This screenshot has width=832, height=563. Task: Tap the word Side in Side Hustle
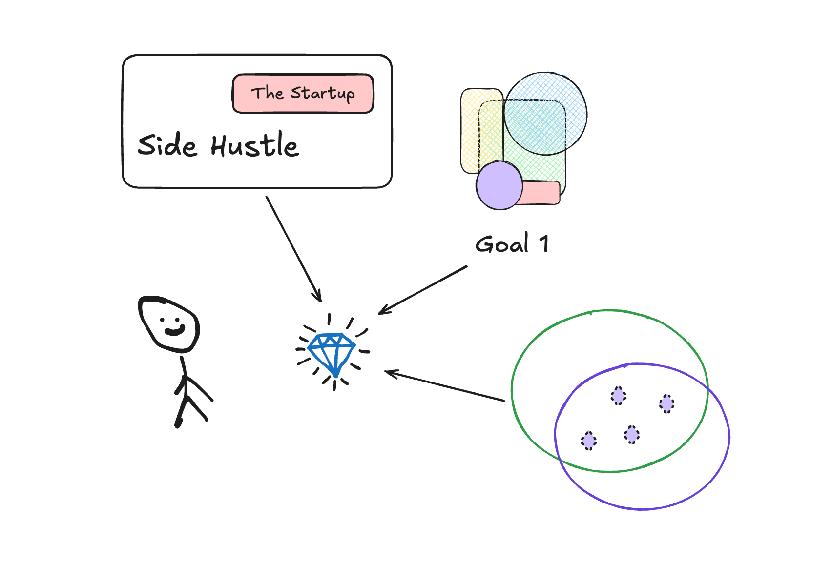[x=167, y=145]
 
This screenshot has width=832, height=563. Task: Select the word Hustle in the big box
[x=254, y=145]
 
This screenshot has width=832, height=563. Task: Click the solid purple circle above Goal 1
[x=499, y=186]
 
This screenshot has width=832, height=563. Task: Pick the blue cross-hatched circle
[x=545, y=114]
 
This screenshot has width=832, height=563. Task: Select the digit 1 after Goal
[x=544, y=244]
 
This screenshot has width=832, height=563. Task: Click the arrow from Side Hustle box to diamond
[x=293, y=249]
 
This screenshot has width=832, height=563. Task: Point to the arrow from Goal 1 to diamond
[x=423, y=290]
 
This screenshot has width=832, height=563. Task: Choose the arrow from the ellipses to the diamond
[x=444, y=386]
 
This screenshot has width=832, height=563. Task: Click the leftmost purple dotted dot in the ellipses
[x=589, y=441]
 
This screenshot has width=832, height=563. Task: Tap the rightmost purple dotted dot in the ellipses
[x=666, y=404]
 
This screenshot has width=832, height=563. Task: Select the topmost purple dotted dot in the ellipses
[x=619, y=396]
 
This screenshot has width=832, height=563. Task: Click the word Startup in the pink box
[x=323, y=93]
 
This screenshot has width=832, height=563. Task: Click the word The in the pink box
[x=267, y=93]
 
